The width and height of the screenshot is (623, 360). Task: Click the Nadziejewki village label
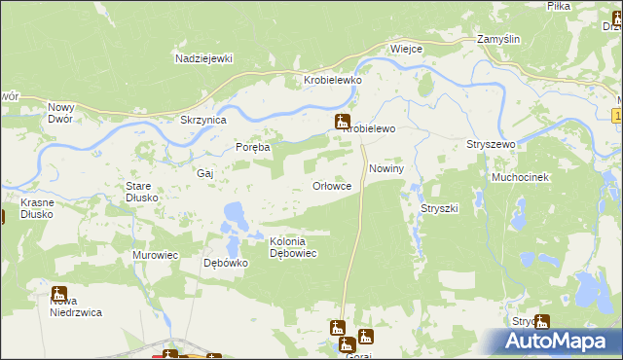click(204, 58)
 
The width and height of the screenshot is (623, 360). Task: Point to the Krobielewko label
click(333, 81)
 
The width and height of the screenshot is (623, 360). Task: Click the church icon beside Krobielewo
click(342, 122)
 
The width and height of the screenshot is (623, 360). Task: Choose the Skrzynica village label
click(203, 120)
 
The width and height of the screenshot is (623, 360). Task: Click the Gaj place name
click(204, 172)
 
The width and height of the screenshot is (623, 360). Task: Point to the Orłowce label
click(331, 186)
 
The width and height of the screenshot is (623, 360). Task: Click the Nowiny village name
click(386, 168)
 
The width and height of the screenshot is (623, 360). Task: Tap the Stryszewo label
click(490, 144)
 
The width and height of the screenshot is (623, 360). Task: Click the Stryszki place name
click(439, 208)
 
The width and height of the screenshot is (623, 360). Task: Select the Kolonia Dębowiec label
click(287, 247)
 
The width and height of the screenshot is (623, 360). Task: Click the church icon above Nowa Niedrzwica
click(60, 293)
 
